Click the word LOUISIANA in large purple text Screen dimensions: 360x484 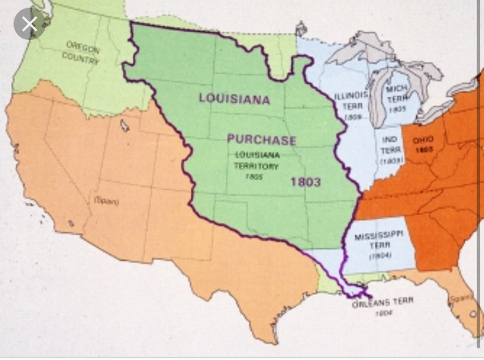coord(234,98)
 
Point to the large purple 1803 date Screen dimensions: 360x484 coord(306,182)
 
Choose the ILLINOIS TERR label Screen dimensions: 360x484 coord(352,101)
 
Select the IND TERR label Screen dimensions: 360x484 coord(389,144)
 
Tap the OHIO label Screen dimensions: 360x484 coord(422,140)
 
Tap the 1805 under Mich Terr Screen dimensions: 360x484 coord(397,109)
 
